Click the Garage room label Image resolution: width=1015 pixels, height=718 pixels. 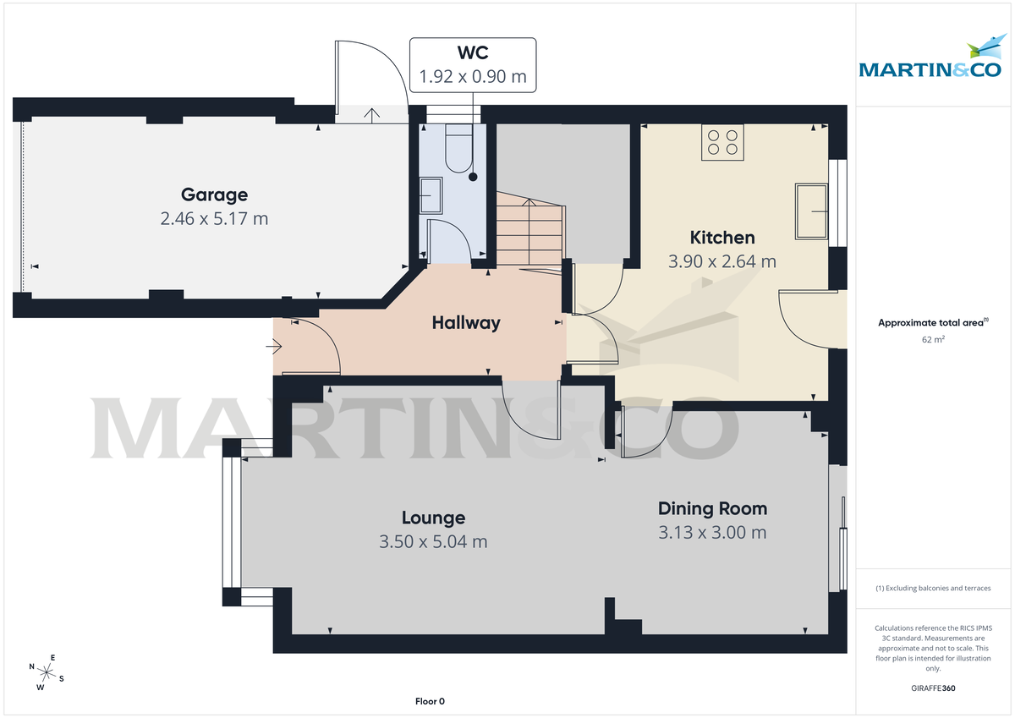[214, 195]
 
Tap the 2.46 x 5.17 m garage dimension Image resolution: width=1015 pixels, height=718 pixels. [214, 219]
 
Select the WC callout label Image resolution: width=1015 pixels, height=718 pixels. [472, 53]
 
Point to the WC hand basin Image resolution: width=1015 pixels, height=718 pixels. [431, 197]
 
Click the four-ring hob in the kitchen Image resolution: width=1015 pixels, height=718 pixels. [722, 142]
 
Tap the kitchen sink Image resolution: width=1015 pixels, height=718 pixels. [812, 212]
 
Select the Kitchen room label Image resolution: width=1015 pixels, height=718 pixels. [721, 238]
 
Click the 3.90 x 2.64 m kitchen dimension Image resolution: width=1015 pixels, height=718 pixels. [721, 262]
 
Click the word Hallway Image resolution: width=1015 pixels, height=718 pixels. [465, 323]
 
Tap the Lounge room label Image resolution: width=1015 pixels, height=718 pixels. [433, 518]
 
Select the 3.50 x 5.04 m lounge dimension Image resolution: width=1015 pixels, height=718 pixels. [433, 542]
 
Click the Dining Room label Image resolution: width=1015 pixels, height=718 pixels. [712, 508]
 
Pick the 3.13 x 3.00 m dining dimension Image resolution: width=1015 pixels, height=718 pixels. [712, 533]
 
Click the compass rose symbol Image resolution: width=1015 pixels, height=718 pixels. [47, 672]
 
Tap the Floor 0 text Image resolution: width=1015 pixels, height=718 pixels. [430, 701]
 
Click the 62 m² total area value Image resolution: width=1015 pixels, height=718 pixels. [933, 339]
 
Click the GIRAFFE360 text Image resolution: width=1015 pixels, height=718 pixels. [933, 688]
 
